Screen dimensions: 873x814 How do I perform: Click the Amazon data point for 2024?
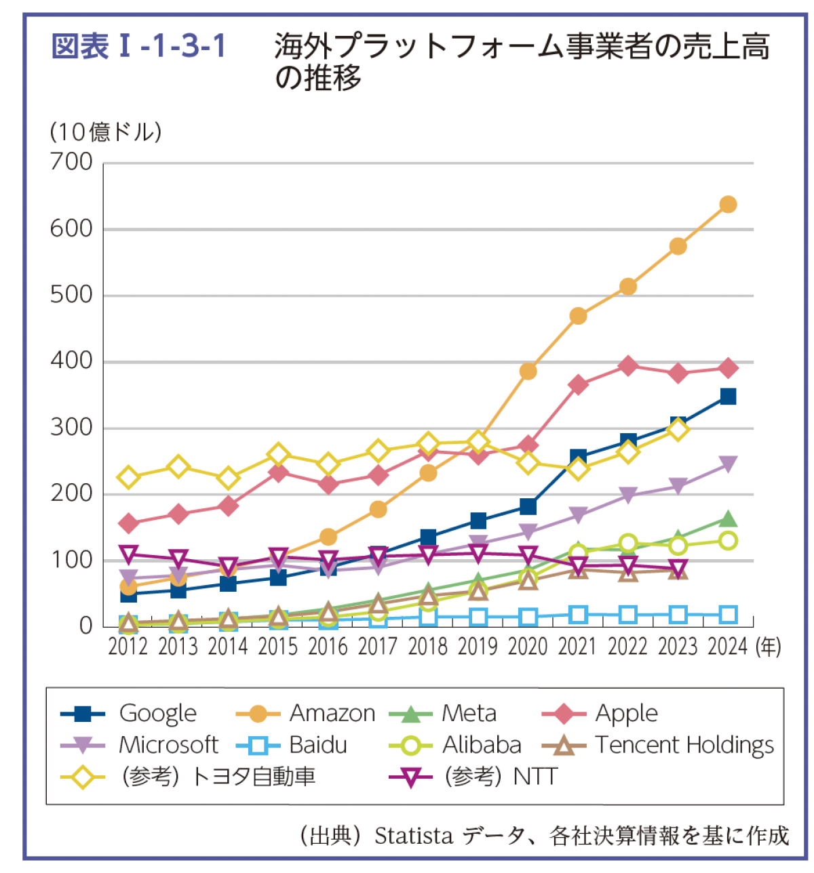[x=728, y=205]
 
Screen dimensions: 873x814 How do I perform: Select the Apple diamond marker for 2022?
[x=628, y=366]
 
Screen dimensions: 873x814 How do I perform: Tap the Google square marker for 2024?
[x=728, y=397]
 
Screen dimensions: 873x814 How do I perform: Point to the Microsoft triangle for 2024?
[x=728, y=464]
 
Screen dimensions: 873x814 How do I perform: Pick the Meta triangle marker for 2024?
[x=728, y=519]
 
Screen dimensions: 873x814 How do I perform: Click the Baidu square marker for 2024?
[x=728, y=615]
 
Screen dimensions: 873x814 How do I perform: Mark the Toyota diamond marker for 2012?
[x=128, y=478]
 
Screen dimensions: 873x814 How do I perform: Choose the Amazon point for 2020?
[x=528, y=371]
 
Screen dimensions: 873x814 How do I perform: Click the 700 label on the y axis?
[x=71, y=162]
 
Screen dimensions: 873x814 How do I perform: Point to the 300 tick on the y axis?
[x=71, y=428]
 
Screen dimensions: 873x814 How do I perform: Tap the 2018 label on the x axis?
[x=427, y=647]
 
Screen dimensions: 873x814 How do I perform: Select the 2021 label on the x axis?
[x=577, y=647]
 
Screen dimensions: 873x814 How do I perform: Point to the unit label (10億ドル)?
[x=106, y=131]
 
